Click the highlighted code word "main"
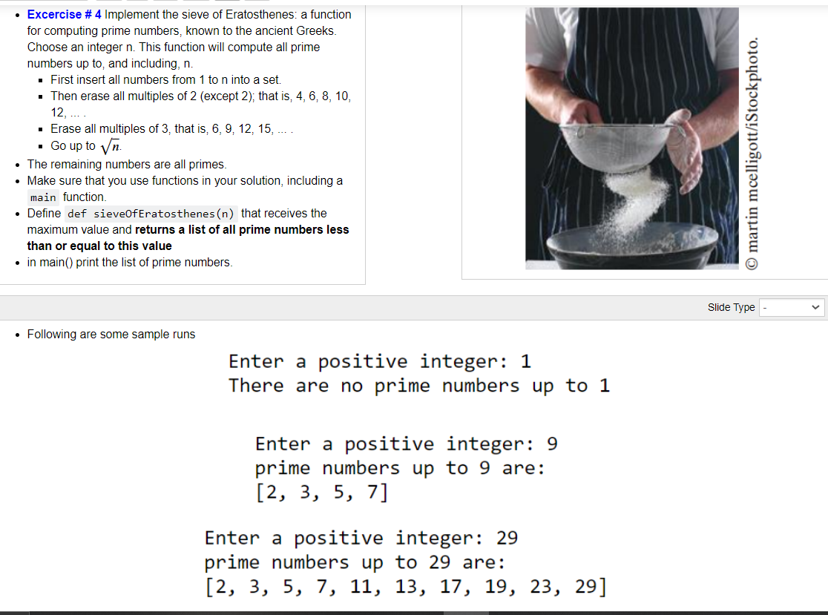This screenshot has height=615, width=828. click(43, 197)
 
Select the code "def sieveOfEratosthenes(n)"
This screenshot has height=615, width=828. click(151, 214)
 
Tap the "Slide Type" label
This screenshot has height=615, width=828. click(731, 307)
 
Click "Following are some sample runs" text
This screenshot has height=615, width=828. click(111, 335)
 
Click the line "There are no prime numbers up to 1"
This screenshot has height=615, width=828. click(418, 386)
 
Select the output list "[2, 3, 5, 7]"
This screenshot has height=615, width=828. click(321, 492)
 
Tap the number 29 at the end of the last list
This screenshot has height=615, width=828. click(586, 586)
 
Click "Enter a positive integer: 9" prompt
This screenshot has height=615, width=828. click(406, 444)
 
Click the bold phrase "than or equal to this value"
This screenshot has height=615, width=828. click(99, 246)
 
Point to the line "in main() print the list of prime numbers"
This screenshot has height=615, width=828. click(130, 263)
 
